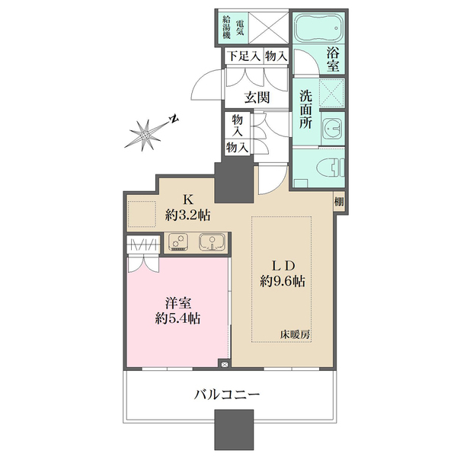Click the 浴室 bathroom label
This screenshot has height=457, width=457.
[x=333, y=60]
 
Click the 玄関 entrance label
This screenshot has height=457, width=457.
[x=257, y=97]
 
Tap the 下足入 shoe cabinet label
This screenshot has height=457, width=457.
[x=241, y=56]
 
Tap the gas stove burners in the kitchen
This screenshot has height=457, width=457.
[x=180, y=243]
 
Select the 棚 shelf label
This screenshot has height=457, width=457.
[x=338, y=203]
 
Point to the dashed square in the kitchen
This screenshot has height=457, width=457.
[x=141, y=213]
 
